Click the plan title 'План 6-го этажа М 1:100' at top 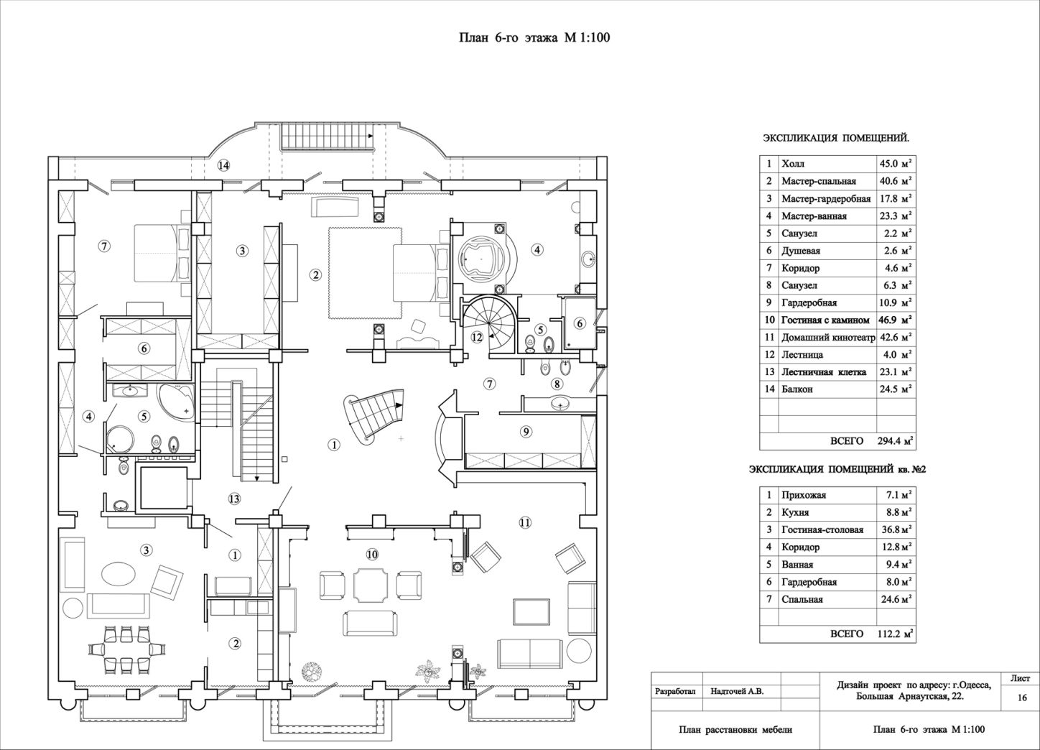(534, 37)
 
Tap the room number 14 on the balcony (224, 165)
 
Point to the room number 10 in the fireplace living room (372, 554)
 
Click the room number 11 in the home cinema (524, 523)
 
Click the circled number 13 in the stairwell (234, 499)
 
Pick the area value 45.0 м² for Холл (896, 164)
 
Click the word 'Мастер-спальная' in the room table (819, 181)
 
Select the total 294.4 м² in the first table (896, 440)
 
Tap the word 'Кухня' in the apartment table (795, 512)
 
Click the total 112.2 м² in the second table (896, 634)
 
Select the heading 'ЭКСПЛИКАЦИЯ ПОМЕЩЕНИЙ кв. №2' (837, 470)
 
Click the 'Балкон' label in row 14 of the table (797, 389)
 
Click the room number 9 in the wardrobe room (526, 432)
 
